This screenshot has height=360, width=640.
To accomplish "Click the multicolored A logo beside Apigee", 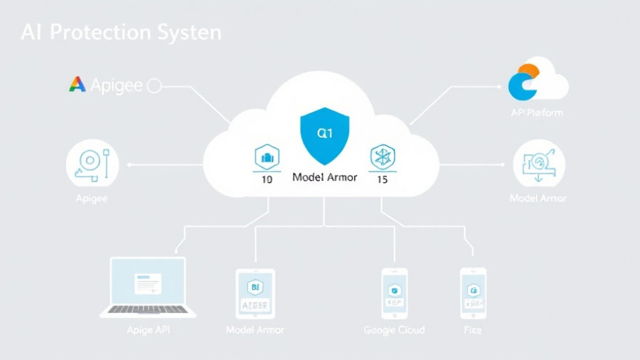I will [x=77, y=85].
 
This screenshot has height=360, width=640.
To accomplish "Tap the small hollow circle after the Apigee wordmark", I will [x=154, y=86].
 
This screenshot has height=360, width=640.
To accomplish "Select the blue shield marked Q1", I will [x=324, y=135].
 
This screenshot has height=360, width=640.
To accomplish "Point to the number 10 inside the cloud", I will [x=267, y=179].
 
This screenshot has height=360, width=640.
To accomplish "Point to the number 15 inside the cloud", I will [x=382, y=179].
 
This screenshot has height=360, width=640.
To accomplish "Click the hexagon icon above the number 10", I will [x=267, y=157].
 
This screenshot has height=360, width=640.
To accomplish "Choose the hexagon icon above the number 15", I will [x=382, y=157].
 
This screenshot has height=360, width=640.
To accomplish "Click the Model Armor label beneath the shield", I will [x=324, y=177].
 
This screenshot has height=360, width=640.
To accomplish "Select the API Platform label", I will [x=537, y=113].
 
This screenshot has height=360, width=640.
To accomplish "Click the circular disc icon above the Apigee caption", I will [x=92, y=163].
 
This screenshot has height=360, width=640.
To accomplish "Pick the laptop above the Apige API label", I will [x=148, y=287].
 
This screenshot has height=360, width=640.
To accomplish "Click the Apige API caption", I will [x=148, y=330].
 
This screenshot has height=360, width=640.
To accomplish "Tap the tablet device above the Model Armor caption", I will [x=255, y=293].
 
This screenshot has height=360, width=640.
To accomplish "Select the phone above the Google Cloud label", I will [x=394, y=292].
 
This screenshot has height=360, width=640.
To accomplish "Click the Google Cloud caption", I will [x=394, y=330].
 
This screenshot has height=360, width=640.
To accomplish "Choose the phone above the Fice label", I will [x=473, y=292].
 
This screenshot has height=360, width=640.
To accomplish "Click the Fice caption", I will [x=472, y=330].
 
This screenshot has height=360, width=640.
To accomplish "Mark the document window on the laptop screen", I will [x=148, y=283].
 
